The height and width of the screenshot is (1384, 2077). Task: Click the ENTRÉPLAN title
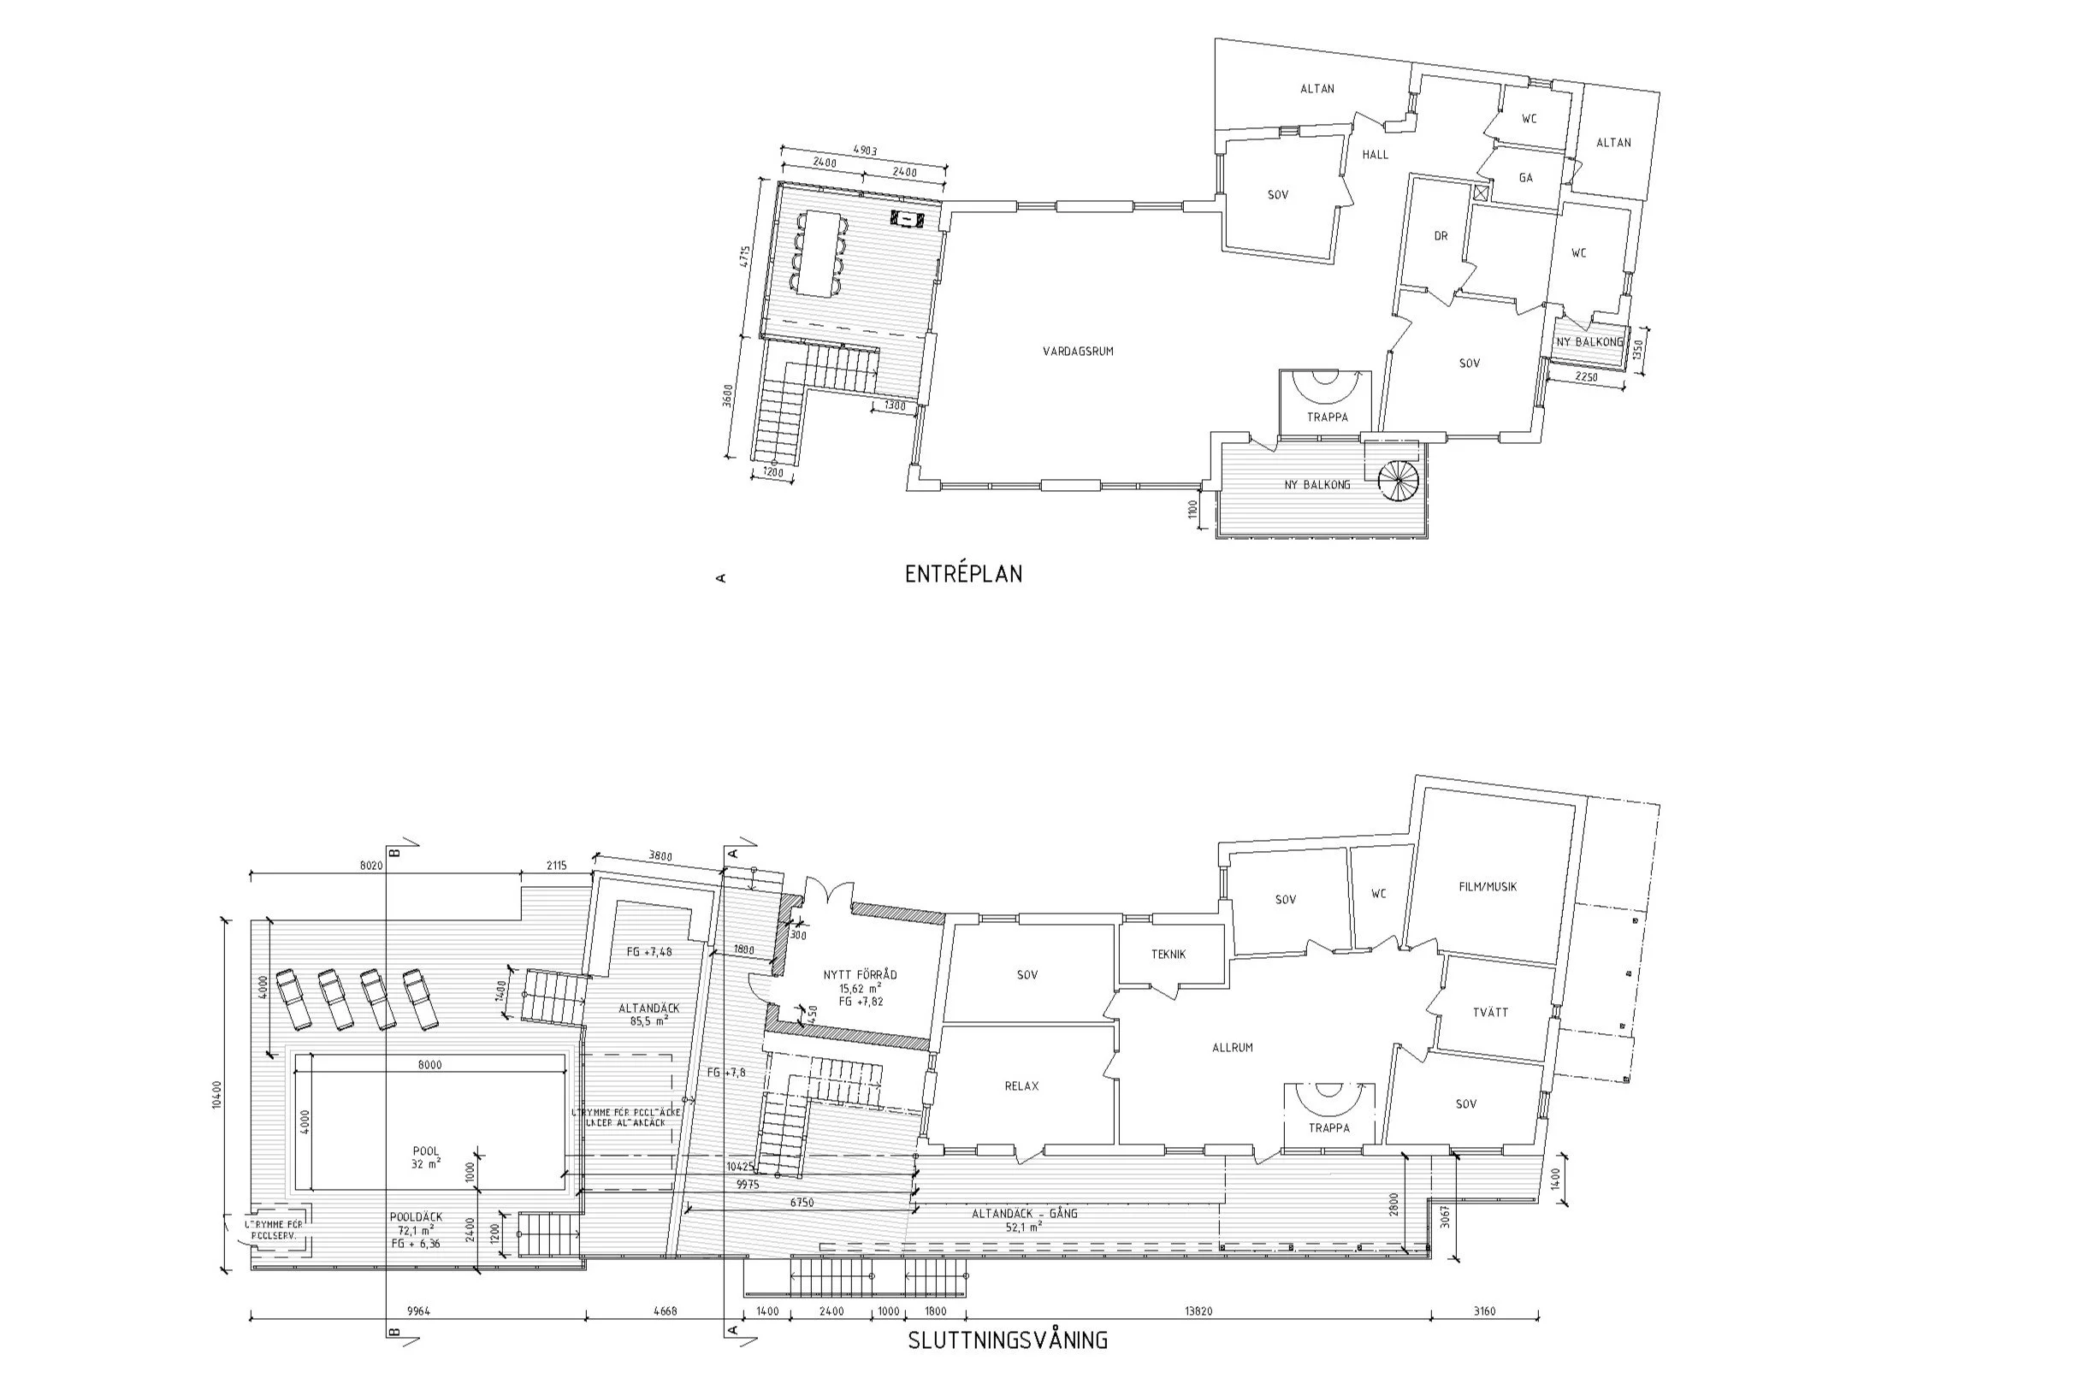963,575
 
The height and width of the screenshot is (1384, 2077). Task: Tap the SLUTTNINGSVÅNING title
1007,1340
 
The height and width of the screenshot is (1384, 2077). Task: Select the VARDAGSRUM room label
1078,352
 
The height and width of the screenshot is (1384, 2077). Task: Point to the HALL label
1375,155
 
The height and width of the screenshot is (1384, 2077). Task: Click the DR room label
1441,237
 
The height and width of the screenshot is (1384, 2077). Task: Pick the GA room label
1525,178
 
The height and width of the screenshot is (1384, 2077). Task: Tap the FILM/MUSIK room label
1488,887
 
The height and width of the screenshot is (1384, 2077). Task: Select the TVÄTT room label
1491,1013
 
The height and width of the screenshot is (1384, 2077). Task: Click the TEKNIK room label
1168,954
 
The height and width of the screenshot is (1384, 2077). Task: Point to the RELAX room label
1021,1086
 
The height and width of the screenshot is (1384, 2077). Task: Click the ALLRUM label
1232,1048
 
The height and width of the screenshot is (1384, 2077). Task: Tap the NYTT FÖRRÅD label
860,975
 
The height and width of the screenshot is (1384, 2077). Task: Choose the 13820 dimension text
1197,1311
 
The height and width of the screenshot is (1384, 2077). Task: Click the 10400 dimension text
218,1095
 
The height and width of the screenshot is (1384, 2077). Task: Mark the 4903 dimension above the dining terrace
864,151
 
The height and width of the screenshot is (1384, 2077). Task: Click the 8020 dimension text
370,866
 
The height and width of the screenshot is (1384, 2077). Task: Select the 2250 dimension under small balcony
1587,378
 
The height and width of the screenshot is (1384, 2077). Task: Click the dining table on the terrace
818,253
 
